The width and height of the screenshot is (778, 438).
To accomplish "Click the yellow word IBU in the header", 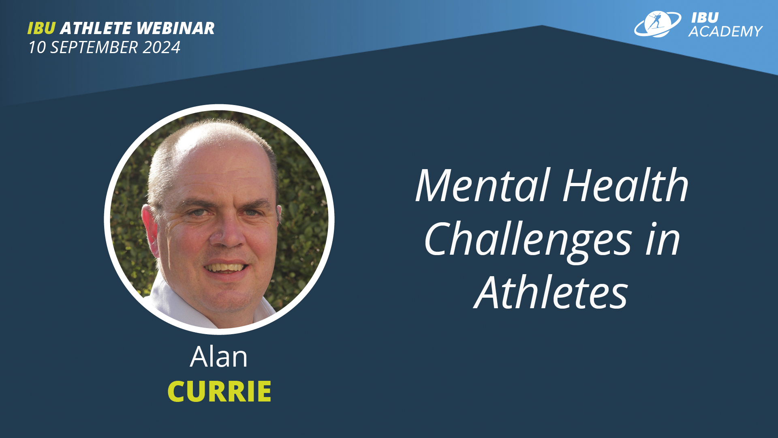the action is coord(41,28).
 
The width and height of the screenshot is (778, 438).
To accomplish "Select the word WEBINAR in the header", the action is coord(175,28).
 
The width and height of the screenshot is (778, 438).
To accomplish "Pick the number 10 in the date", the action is coord(37,47).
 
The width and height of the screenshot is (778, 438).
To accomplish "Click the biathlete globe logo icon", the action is coord(657,24).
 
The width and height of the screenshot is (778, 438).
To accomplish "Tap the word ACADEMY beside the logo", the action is coord(725,32).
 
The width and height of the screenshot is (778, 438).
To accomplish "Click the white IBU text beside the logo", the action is coord(705,17).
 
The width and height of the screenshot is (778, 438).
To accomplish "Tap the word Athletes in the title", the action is coord(551,292).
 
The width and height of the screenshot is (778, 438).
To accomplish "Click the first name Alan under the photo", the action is coord(219,357).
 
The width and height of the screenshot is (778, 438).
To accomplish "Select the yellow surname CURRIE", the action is coord(219,391).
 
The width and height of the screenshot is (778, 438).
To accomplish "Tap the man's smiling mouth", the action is coord(226,267).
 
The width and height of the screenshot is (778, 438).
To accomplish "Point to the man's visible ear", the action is coord(149,229).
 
